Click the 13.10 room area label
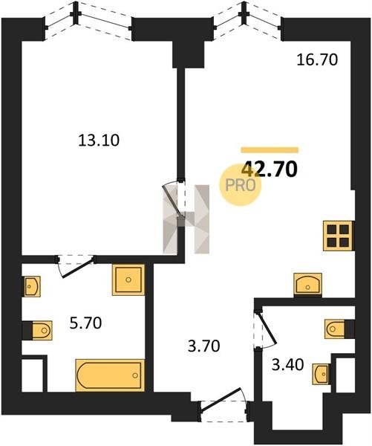pos(99,140)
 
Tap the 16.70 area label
pos(317,60)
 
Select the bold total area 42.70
pos(269,169)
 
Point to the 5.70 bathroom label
pos(85,323)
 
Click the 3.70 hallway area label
pos(204,346)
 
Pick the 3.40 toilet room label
pos(287,365)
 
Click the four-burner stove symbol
pos(338,236)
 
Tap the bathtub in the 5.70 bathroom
pos(110,375)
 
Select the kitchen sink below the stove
pos(308,284)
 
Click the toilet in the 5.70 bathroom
pos(42,330)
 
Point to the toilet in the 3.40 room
pos(335,329)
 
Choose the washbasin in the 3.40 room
pos(322,374)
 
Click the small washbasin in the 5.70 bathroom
pos(31,286)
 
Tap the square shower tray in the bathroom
pos(128,280)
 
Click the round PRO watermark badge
pos(240,185)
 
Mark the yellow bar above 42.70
pos(270,150)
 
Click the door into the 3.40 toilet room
pos(264,330)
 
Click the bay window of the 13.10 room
pos(88,20)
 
